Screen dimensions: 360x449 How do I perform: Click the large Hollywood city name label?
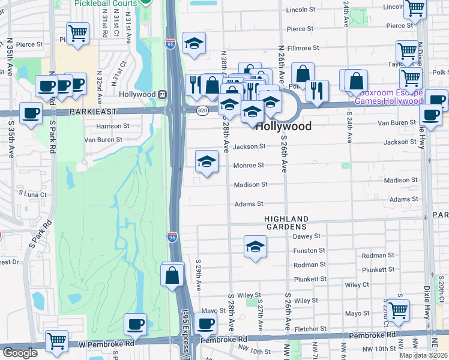point(283,127)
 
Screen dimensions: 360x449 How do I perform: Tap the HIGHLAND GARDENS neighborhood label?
point(287,223)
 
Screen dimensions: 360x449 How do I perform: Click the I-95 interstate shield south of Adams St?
point(173,238)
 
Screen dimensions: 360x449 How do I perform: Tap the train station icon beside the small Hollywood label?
point(162,94)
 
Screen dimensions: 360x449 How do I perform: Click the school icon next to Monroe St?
point(206,161)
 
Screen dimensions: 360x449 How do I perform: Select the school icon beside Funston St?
point(255,247)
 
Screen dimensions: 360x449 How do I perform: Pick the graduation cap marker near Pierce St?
point(194,44)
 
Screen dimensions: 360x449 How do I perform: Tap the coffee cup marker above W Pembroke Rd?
point(135,325)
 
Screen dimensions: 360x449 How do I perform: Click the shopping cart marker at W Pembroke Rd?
point(56,341)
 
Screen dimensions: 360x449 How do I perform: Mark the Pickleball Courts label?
point(106,4)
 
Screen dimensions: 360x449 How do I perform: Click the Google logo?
point(20,353)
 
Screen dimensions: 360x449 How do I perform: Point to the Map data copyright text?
point(423,355)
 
